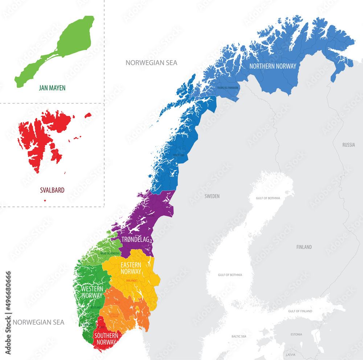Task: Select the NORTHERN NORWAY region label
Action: tap(273, 66)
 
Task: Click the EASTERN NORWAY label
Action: tap(131, 268)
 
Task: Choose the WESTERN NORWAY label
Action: tap(91, 292)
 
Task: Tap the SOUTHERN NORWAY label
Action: tap(106, 339)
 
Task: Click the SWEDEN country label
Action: tap(212, 196)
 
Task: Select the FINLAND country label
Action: tap(304, 247)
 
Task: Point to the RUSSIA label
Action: tap(348, 145)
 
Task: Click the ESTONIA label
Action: tap(296, 334)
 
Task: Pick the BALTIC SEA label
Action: tap(238, 336)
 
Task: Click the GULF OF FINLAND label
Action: tap(300, 311)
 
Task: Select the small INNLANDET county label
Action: tap(131, 281)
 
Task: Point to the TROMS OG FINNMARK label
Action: tap(227, 88)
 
